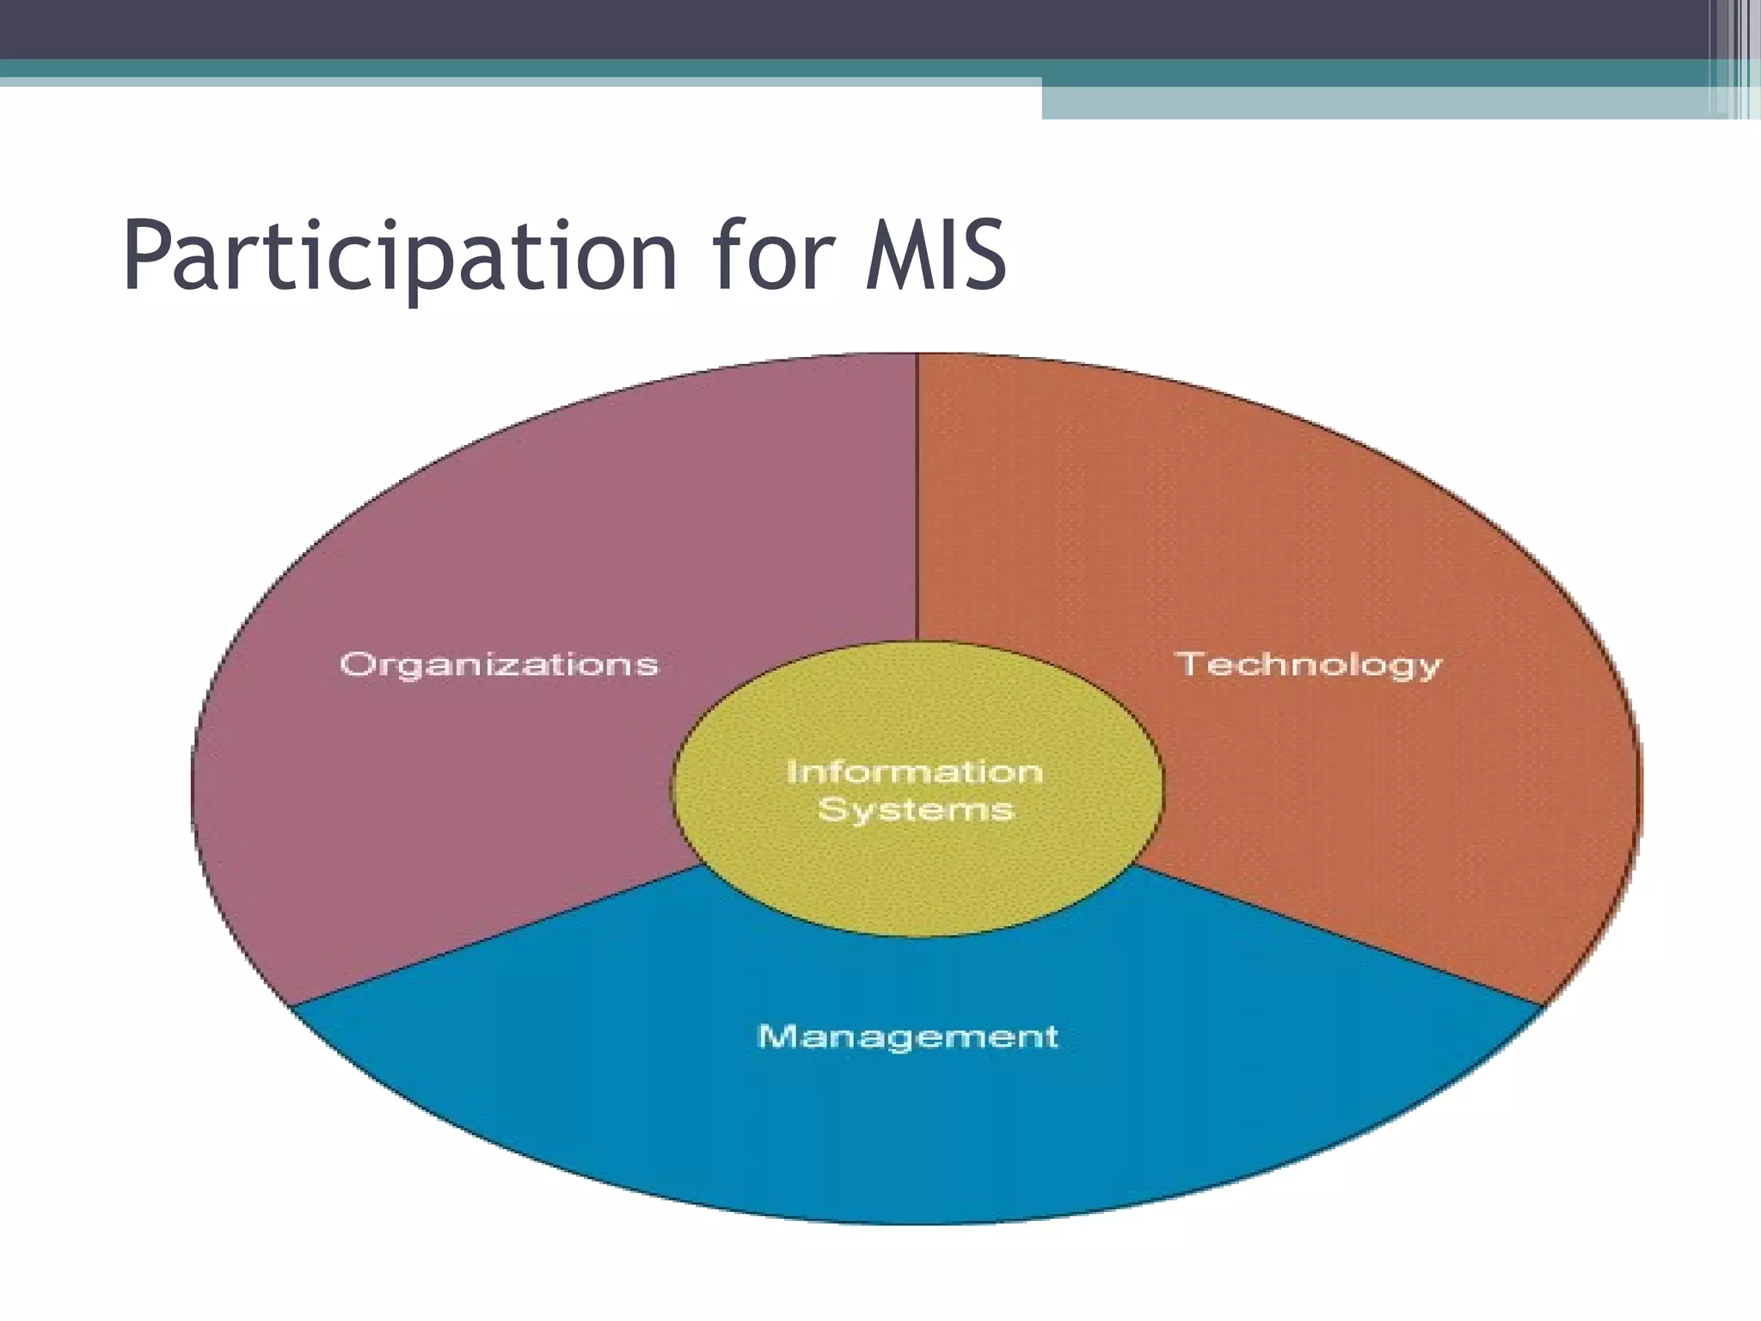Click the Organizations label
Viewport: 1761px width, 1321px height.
(499, 665)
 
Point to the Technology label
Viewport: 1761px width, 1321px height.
(1308, 665)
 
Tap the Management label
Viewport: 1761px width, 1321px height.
(907, 1036)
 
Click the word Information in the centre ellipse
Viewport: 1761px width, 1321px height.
(915, 771)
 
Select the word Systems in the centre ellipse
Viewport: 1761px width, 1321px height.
(916, 810)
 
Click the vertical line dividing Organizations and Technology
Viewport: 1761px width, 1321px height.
(917, 499)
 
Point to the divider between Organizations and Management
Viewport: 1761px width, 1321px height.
(499, 935)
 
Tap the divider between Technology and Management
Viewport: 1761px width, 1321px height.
(1341, 935)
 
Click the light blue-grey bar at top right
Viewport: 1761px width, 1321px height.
(1376, 102)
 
